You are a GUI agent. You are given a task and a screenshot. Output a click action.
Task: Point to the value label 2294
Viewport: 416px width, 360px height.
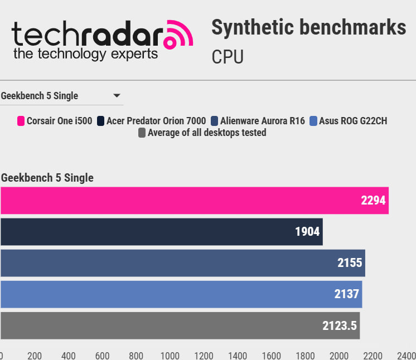coord(373,201)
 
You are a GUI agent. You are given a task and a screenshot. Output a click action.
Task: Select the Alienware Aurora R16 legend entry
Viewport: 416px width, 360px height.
coord(262,121)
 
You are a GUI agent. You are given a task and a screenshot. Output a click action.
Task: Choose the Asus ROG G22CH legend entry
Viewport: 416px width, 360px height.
coord(352,121)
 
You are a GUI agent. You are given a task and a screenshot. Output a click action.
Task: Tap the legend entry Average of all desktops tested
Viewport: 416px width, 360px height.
coord(206,133)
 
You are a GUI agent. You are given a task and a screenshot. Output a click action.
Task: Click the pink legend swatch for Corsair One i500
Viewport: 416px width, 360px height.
coord(21,121)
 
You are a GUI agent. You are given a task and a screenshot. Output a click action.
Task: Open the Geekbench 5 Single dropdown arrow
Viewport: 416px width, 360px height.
coord(117,96)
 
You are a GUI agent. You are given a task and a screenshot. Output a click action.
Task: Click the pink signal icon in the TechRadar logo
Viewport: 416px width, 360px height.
coord(178,36)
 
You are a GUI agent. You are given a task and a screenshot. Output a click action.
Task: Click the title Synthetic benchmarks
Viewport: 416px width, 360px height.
coord(308,27)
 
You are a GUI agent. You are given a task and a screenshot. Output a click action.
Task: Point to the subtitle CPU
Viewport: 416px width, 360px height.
coord(228,57)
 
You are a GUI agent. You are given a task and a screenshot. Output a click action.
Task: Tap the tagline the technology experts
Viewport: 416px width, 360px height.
coord(85,54)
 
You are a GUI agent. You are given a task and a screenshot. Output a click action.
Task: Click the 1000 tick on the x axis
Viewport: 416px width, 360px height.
coord(170,356)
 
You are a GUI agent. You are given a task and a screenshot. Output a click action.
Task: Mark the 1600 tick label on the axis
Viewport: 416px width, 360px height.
coord(272,356)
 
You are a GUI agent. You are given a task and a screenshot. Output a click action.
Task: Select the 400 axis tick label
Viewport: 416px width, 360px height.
coord(68,356)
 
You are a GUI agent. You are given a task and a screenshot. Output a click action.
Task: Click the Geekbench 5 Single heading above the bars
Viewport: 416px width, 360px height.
coord(47,178)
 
